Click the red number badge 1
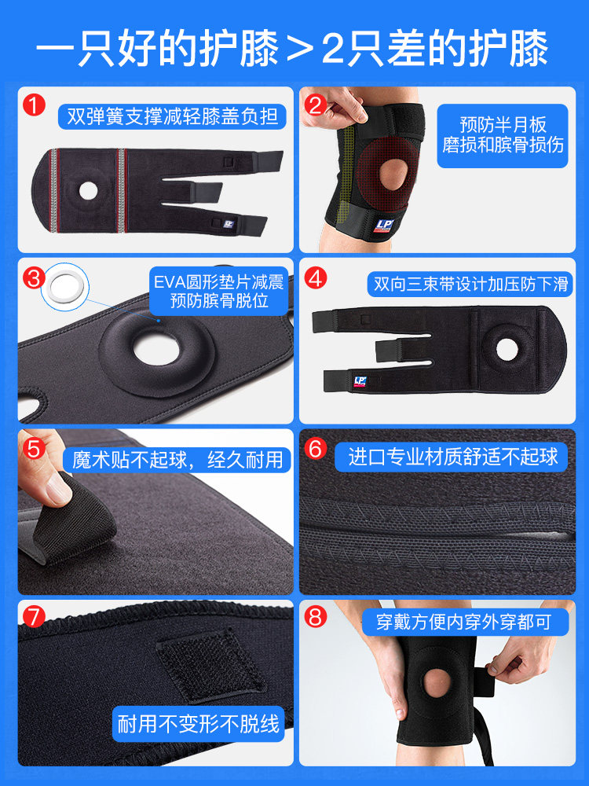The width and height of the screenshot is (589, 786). click(34, 105)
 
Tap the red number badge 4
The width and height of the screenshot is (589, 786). click(316, 277)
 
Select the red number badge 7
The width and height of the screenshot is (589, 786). click(34, 617)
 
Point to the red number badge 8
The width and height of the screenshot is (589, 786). click(316, 617)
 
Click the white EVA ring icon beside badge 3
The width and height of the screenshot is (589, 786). click(64, 287)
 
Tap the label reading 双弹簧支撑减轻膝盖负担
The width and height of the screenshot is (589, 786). click(172, 116)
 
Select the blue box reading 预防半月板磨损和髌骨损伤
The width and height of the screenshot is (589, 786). click(503, 135)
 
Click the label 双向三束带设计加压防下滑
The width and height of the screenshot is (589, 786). click(470, 285)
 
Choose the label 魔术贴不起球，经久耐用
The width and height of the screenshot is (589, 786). click(177, 460)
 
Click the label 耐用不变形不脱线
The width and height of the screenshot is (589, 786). click(199, 723)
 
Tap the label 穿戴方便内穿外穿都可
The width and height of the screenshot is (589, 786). click(465, 622)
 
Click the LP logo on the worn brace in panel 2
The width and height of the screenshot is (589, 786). click(383, 225)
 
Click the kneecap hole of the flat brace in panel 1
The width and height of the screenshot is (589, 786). click(88, 190)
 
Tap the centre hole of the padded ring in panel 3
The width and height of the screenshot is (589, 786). click(156, 350)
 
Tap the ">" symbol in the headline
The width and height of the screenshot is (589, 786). click(299, 49)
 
